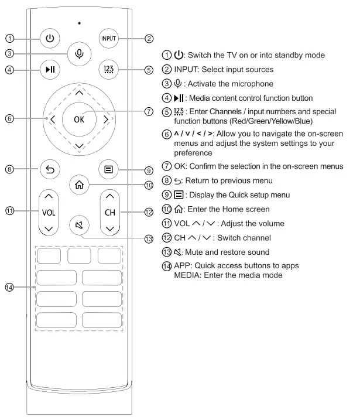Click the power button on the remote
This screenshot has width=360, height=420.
(x=50, y=39)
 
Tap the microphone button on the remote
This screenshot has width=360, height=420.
(x=79, y=53)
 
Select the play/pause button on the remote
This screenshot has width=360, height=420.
(x=50, y=70)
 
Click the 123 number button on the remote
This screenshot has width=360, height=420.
(x=109, y=70)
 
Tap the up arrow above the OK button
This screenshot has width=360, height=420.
(x=79, y=93)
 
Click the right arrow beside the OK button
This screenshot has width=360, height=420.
(x=105, y=119)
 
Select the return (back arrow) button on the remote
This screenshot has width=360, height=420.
(x=50, y=169)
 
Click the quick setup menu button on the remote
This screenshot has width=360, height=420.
(x=109, y=169)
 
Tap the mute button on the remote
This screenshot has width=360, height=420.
(x=79, y=224)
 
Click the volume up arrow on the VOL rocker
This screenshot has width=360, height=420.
(x=50, y=197)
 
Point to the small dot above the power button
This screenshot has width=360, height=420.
(x=79, y=23)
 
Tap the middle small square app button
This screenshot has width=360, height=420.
(x=79, y=255)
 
